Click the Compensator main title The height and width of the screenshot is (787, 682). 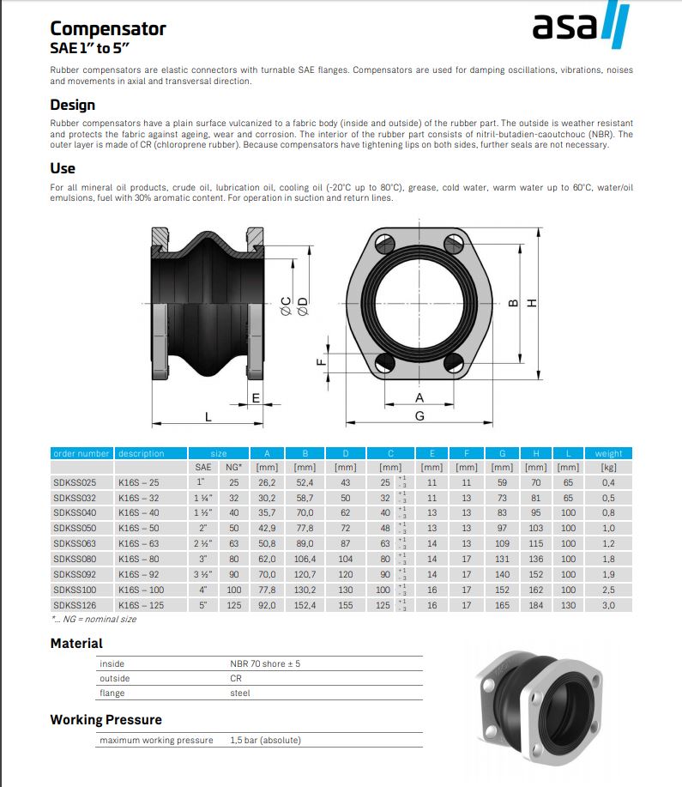tap(108, 28)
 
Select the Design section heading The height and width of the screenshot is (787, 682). tap(73, 105)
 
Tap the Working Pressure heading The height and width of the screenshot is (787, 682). tap(106, 719)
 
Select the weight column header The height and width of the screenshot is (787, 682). tap(608, 453)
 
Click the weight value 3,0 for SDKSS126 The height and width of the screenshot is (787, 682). tap(608, 605)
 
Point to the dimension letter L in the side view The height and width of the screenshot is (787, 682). tap(208, 415)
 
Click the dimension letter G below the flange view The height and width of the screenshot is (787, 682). tap(419, 415)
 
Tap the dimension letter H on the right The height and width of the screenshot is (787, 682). tap(532, 302)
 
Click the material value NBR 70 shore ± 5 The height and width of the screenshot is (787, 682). tap(265, 663)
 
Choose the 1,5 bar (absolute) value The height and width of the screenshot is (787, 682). tap(265, 740)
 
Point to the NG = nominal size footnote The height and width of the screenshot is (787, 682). tap(94, 619)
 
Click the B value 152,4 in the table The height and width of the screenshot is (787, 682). tap(305, 605)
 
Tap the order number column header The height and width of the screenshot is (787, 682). tap(81, 453)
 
